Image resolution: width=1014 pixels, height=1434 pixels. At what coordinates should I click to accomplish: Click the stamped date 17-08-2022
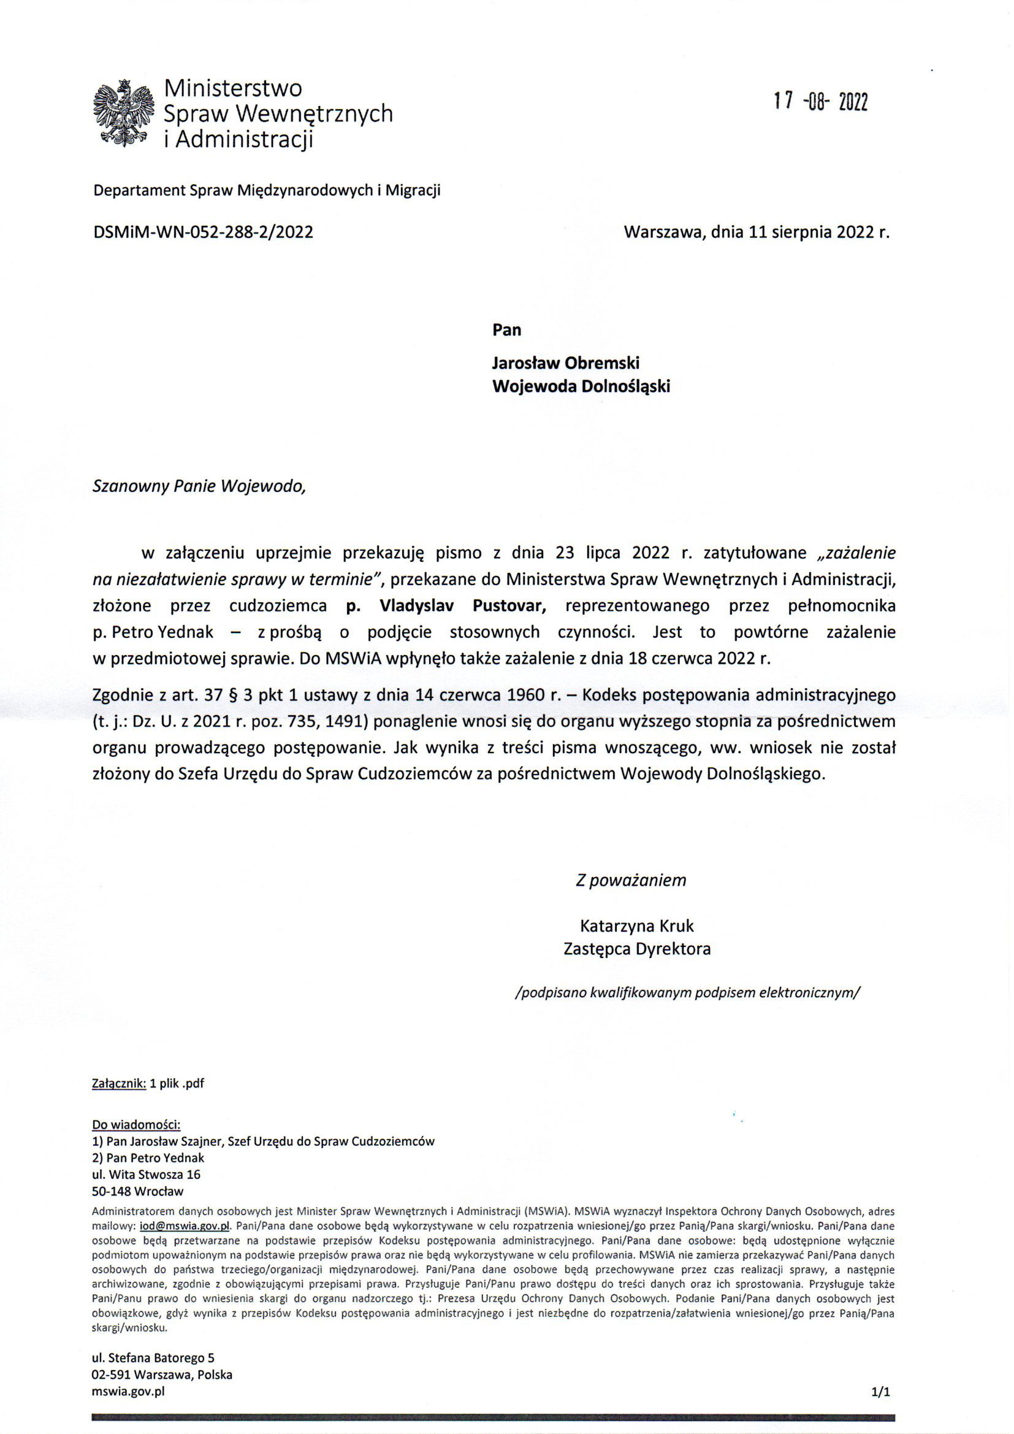[820, 102]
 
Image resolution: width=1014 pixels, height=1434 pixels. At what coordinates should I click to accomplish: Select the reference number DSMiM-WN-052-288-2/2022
[203, 233]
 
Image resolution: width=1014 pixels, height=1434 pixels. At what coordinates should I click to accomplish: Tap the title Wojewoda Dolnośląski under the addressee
[581, 386]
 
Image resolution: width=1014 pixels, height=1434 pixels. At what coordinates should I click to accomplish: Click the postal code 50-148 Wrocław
[137, 1191]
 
